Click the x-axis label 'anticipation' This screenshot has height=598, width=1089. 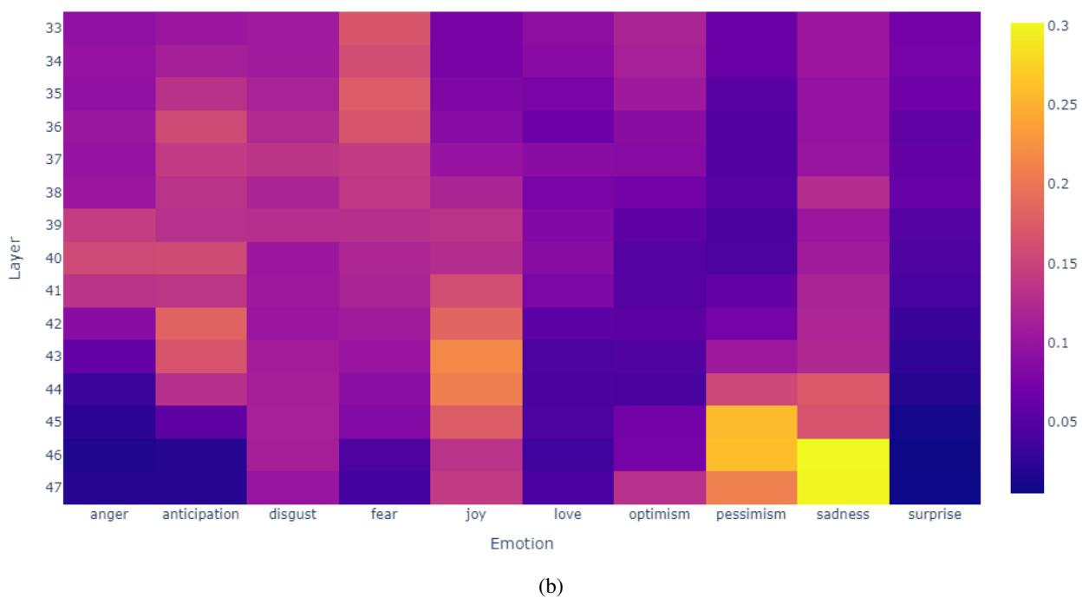(x=200, y=515)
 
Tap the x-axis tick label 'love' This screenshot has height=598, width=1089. (x=567, y=515)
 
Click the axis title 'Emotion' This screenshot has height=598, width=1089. (x=521, y=544)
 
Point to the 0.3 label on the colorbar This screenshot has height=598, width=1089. (x=1058, y=26)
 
